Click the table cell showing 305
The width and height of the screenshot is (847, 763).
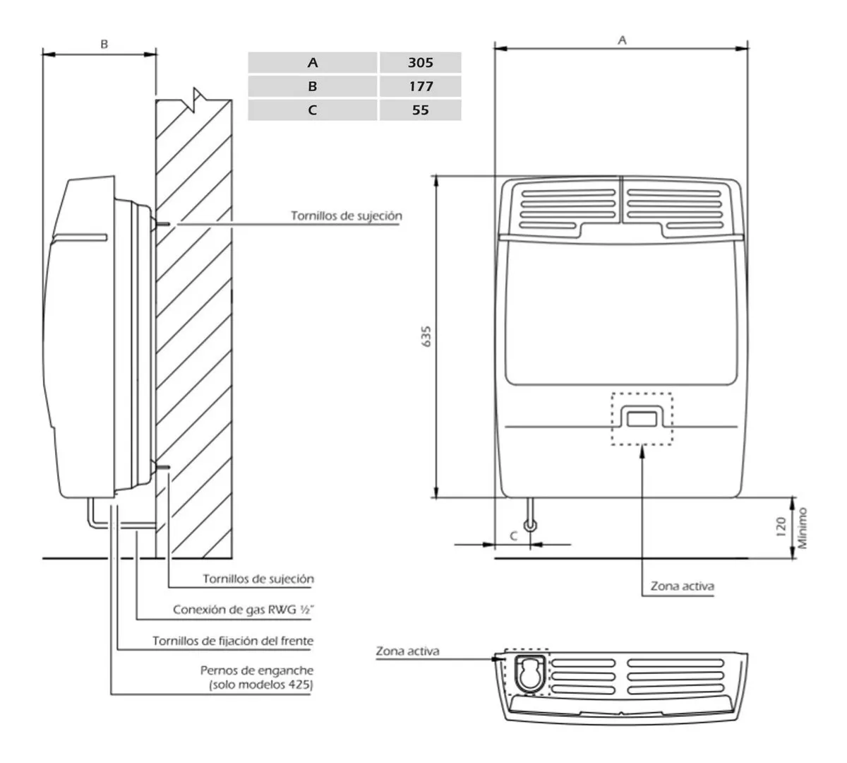[420, 63]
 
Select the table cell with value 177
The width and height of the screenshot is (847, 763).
[420, 86]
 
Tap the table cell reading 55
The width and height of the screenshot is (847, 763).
[420, 110]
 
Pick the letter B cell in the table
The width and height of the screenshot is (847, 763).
[313, 86]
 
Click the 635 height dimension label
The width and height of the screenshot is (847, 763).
[426, 336]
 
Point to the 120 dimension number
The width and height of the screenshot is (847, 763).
[781, 527]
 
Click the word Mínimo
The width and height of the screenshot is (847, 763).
[803, 528]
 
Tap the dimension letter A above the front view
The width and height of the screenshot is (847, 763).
[622, 40]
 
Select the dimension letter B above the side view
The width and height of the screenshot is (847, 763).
[104, 44]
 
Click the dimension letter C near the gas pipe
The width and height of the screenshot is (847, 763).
[513, 536]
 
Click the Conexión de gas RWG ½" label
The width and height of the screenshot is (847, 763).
[244, 610]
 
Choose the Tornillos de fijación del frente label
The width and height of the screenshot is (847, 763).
[233, 641]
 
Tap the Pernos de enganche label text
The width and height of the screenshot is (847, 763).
[257, 670]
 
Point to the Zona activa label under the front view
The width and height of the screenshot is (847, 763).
[683, 586]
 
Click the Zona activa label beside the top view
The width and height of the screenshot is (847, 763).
[407, 651]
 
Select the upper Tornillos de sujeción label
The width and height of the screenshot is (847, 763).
[347, 215]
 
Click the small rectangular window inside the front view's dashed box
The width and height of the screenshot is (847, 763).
[642, 420]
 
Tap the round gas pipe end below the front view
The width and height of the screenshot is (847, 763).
[530, 526]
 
